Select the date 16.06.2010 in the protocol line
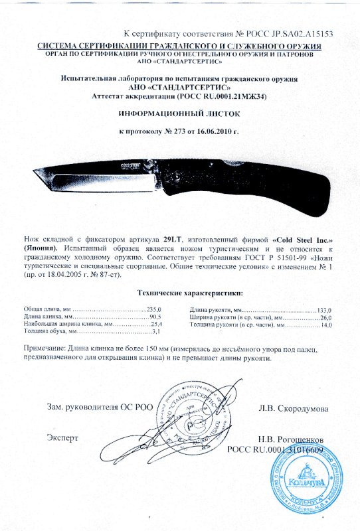215,132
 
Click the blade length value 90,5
155,317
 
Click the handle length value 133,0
325,310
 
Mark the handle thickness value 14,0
325,325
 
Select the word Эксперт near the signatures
63,438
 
